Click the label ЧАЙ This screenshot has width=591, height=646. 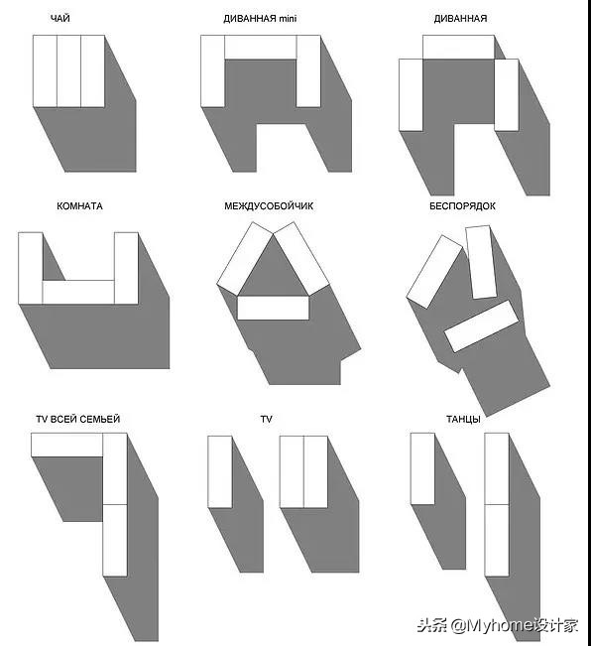[x=60, y=19]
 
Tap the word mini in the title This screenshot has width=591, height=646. [x=288, y=19]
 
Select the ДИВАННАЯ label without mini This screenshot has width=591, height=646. [x=460, y=19]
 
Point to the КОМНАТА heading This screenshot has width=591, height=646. [x=79, y=206]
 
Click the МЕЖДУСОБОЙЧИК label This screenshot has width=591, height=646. [x=269, y=206]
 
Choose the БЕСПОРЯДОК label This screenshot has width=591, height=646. [x=462, y=206]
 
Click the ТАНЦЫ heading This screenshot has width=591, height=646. [x=463, y=419]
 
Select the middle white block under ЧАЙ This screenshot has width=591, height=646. [x=68, y=71]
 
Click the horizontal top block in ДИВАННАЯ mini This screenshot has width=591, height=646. [x=261, y=47]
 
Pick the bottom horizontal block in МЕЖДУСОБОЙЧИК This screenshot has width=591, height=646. [x=273, y=308]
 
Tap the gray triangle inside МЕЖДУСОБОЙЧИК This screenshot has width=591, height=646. [x=273, y=272]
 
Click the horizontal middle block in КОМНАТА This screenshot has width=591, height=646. [x=78, y=292]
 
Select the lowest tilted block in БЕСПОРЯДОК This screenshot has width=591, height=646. [x=481, y=326]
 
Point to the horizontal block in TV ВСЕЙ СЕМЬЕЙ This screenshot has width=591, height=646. [x=67, y=445]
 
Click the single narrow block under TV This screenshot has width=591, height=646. [x=220, y=471]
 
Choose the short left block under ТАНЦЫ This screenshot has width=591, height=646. [x=422, y=468]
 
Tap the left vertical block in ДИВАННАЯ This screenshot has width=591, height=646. [x=411, y=94]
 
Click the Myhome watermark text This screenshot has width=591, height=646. [x=498, y=626]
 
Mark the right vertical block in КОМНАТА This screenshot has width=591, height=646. [x=126, y=268]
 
